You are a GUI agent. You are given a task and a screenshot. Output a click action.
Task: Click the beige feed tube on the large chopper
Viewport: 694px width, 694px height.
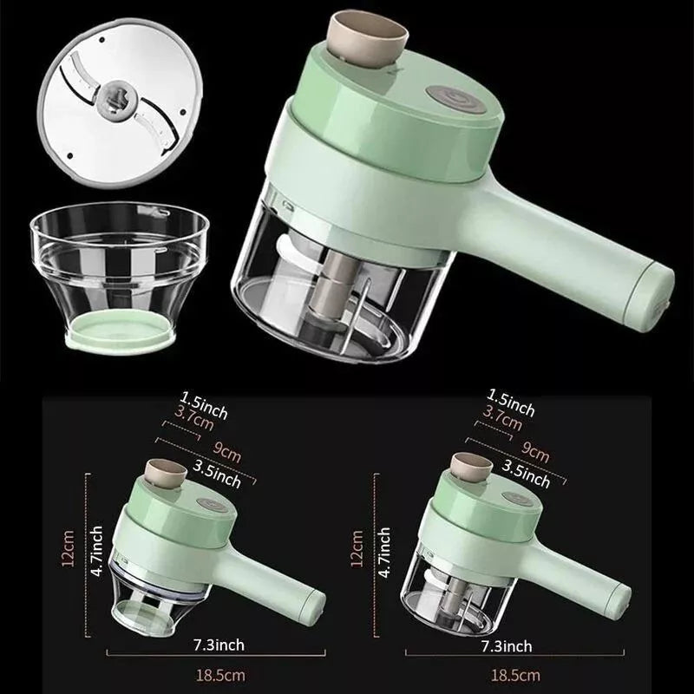[367, 40]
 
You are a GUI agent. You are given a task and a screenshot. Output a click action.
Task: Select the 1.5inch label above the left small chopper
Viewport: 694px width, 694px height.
[204, 405]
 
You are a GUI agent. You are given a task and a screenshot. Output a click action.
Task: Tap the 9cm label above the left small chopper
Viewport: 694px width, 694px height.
[227, 451]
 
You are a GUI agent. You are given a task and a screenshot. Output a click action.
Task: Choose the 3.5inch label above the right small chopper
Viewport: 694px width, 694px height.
[527, 474]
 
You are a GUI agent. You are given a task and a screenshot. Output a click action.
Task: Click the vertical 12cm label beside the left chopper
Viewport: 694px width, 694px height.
[68, 548]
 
